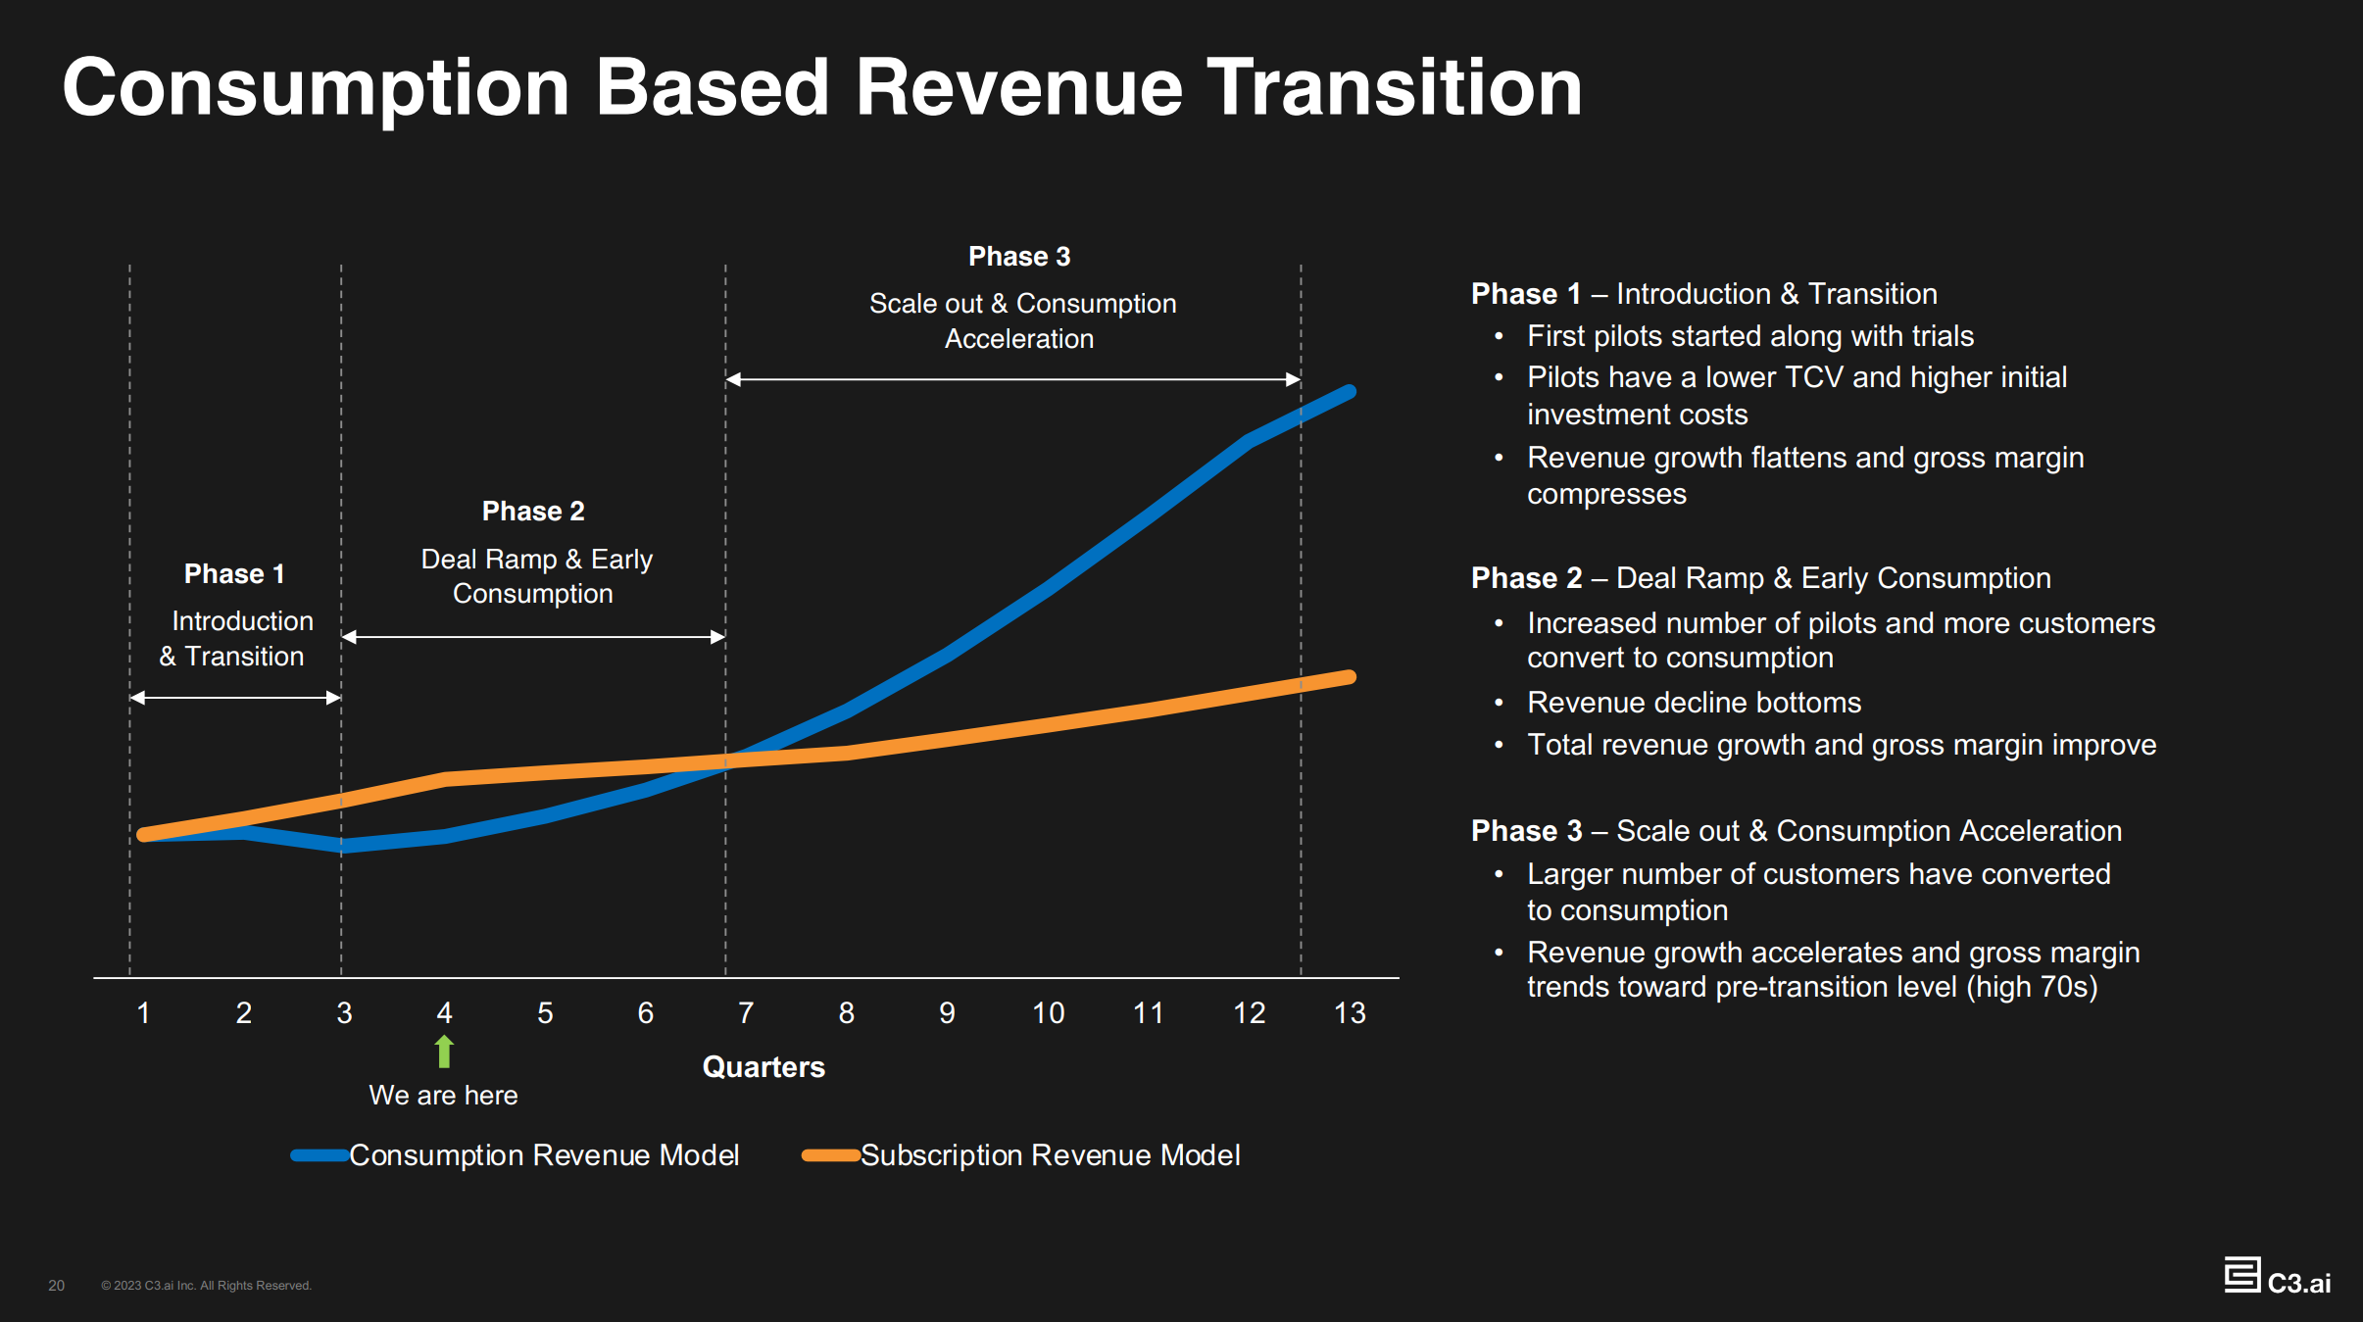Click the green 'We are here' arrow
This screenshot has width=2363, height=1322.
pos(444,1051)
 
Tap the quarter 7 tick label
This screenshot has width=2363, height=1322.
pos(746,1012)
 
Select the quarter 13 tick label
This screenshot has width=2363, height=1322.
pos(1349,1012)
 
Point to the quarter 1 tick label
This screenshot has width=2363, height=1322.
pos(143,1012)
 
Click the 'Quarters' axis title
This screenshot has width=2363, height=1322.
pos(763,1066)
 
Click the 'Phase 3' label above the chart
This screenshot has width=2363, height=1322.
pos(1019,257)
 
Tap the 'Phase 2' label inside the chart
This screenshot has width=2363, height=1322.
pos(533,511)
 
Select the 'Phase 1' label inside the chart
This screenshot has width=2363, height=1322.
pos(234,573)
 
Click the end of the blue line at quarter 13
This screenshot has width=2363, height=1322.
pos(1350,392)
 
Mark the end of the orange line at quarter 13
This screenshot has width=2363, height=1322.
pos(1350,677)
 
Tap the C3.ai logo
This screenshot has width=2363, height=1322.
pos(2277,1278)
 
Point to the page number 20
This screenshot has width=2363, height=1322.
pos(57,1285)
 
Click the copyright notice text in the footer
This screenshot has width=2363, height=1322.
pos(206,1285)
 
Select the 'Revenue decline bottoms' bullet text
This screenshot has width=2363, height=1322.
pos(1694,702)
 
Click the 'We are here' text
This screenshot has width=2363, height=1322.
pos(443,1095)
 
